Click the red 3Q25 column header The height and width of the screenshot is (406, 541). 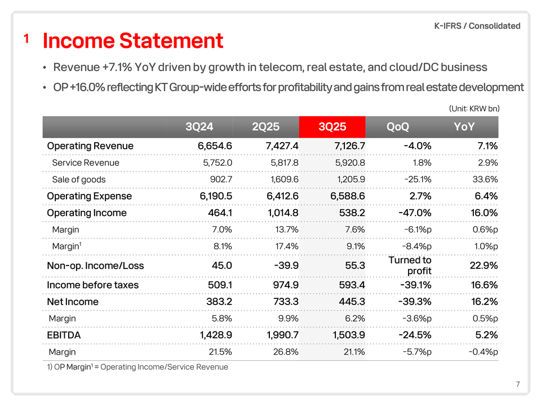(x=332, y=127)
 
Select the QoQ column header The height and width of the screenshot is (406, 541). (x=398, y=127)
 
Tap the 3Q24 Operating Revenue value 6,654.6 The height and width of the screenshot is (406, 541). (x=212, y=146)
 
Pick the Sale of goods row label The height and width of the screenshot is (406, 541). (x=78, y=179)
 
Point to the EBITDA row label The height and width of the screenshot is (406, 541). (x=64, y=335)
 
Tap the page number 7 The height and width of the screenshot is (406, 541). (x=517, y=385)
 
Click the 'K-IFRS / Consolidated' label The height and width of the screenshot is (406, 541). (x=477, y=26)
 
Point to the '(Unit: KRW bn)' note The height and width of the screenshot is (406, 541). (x=475, y=108)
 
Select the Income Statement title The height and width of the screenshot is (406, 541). (x=133, y=41)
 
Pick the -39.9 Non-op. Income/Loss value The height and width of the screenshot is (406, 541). (x=285, y=266)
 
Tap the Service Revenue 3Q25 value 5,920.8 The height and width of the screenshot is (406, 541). (x=348, y=163)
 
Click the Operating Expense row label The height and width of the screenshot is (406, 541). (x=89, y=196)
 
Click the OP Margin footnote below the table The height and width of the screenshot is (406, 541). (x=138, y=367)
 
